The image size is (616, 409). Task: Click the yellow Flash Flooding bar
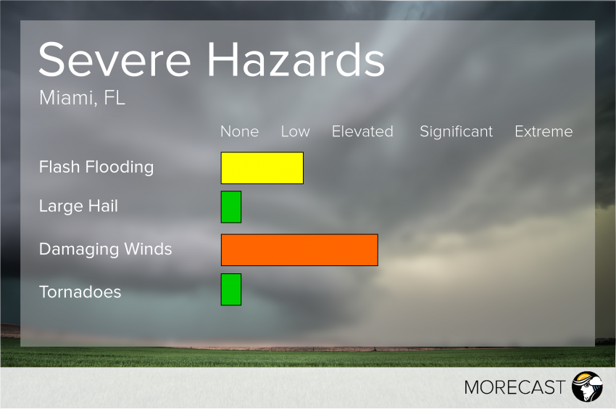tap(262, 168)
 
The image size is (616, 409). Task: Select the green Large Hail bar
tap(231, 207)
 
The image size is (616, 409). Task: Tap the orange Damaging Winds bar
tap(299, 250)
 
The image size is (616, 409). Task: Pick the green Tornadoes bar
tap(231, 289)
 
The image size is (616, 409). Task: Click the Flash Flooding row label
tap(96, 167)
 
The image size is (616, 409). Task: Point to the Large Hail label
tap(78, 206)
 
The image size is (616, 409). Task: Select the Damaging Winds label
tap(105, 249)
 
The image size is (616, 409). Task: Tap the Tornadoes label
tap(80, 292)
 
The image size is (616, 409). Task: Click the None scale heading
tap(240, 131)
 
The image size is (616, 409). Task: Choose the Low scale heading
tap(296, 131)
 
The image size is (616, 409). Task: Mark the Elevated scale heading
tap(362, 131)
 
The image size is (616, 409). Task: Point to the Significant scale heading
tap(456, 132)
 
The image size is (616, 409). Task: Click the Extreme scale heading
tap(544, 131)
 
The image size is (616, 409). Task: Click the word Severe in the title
tap(115, 59)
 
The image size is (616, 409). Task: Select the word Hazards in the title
tap(296, 59)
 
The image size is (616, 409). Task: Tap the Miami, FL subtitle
tap(82, 97)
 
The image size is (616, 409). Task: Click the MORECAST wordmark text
tap(515, 387)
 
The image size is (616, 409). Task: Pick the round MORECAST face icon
tap(587, 387)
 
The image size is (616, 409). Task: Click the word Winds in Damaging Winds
tap(148, 249)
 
